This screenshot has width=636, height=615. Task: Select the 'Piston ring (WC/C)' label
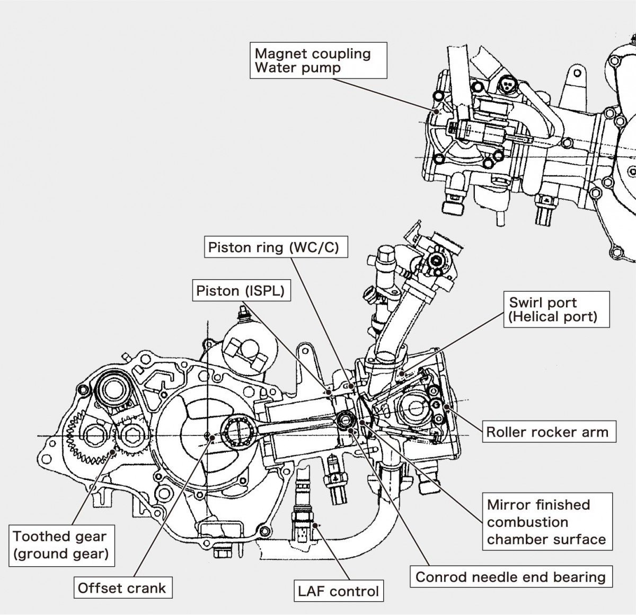click(273, 248)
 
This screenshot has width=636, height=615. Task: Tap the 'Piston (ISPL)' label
click(241, 291)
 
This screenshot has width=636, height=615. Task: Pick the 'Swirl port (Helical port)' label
click(553, 310)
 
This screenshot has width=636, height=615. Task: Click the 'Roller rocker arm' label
click(547, 432)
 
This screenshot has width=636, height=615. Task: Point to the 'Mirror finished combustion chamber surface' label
click(546, 522)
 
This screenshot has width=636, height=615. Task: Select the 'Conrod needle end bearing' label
click(510, 577)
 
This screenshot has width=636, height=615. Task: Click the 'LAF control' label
click(339, 591)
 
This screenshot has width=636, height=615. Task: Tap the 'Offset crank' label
click(122, 588)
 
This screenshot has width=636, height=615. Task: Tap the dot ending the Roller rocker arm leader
click(448, 407)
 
